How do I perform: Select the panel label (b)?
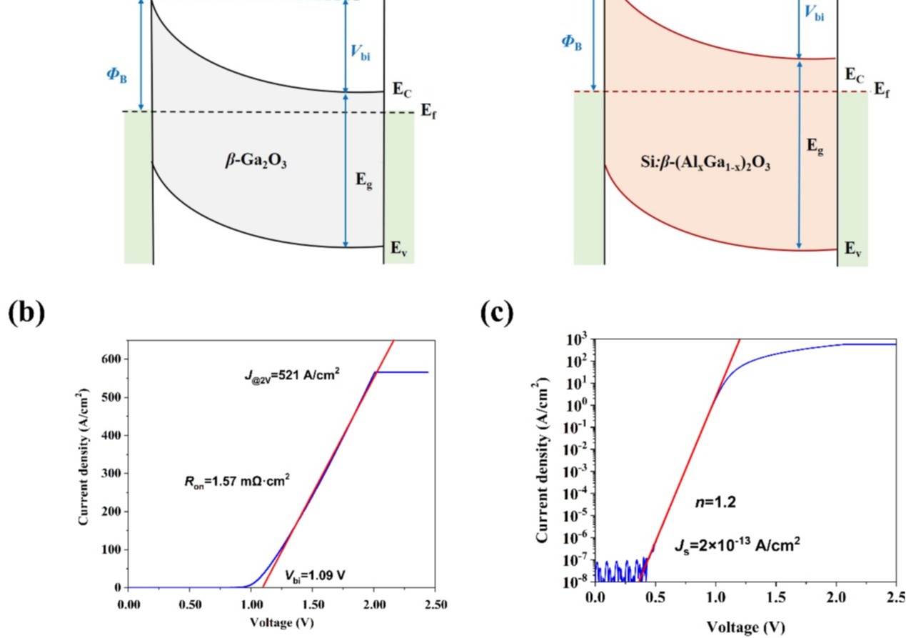tap(26, 314)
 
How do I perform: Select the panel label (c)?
tap(495, 314)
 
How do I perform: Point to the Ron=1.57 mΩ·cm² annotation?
tap(237, 481)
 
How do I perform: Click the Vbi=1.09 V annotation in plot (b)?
tap(316, 574)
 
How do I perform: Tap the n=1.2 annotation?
tap(715, 502)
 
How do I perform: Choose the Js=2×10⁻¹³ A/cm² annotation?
tap(737, 545)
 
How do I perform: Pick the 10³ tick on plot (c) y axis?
tap(575, 339)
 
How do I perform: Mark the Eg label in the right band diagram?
tap(815, 146)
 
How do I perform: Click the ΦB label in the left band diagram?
tap(117, 74)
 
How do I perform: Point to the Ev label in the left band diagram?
tap(398, 249)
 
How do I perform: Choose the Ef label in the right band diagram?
tap(882, 89)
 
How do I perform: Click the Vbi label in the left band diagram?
tap(361, 52)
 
